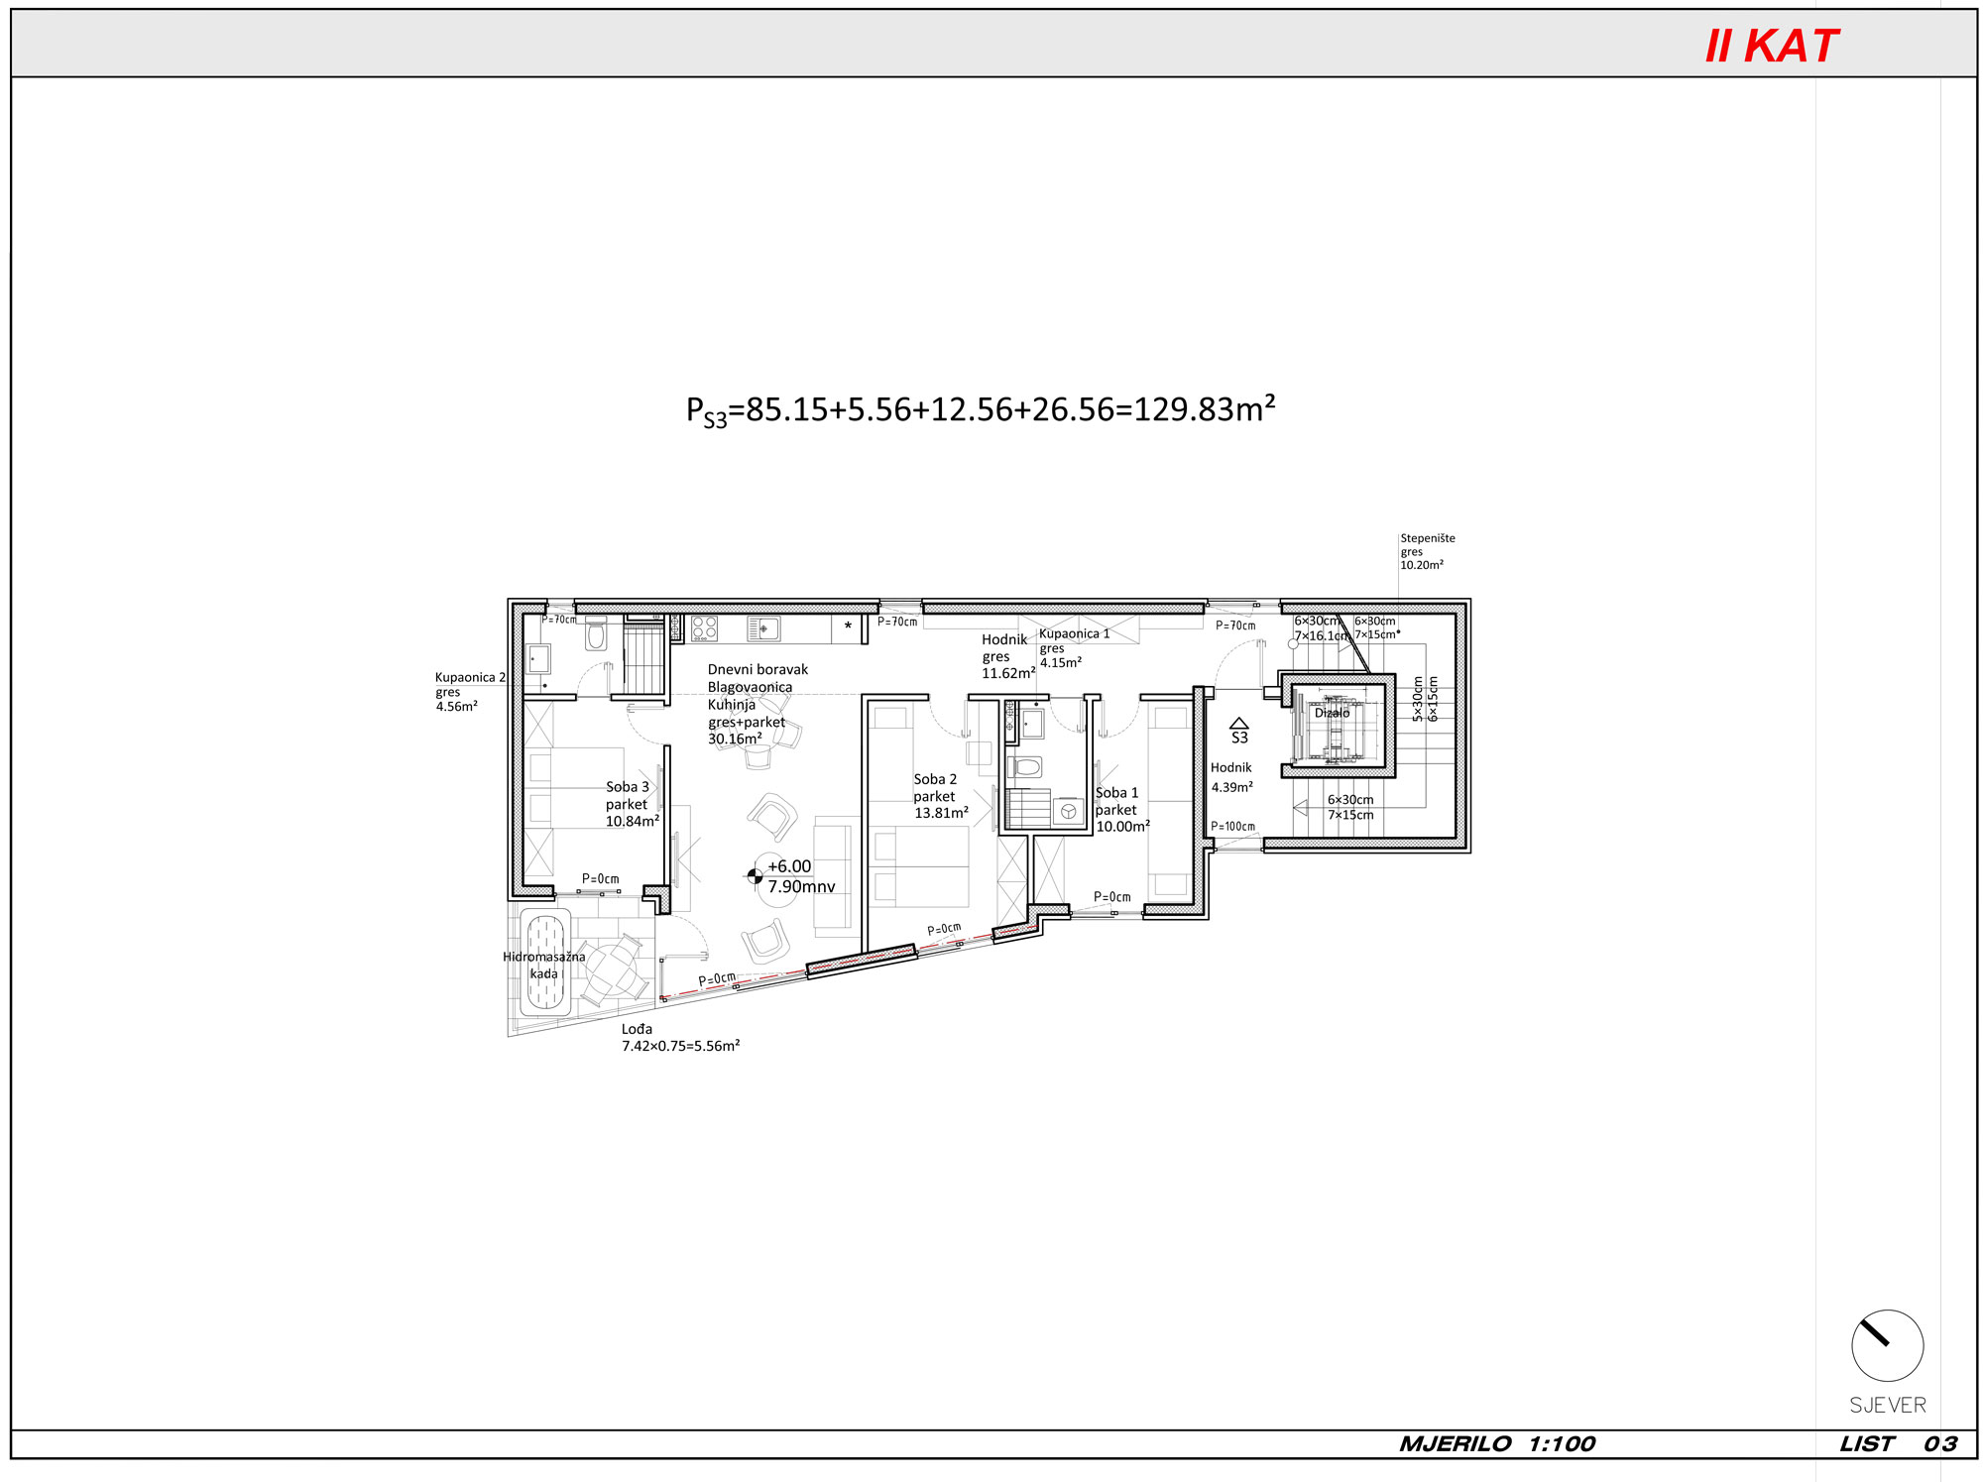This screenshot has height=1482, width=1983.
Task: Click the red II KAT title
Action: coord(1771,46)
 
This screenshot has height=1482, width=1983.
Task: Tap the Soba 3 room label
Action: coord(628,787)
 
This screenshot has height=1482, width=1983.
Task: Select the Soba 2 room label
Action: coord(935,779)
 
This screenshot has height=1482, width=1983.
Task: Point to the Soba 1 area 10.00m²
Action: coord(1122,826)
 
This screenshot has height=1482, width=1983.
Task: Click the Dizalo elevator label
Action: coord(1332,713)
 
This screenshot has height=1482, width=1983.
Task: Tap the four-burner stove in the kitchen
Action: coord(704,628)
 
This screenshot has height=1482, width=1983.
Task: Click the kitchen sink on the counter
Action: coord(762,628)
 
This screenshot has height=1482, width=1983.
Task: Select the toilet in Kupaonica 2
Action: coord(596,633)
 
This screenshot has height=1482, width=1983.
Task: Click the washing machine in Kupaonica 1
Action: coord(1068,812)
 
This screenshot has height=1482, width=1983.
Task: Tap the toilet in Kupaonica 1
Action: coord(1025,766)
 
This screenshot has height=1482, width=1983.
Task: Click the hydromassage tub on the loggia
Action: coord(544,962)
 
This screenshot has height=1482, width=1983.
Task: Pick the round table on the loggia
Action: coord(614,970)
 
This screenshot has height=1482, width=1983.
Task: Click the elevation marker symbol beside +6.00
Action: coord(755,875)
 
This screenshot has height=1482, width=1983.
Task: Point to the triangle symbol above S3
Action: coord(1238,724)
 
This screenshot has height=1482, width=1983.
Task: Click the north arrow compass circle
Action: coord(1887,1345)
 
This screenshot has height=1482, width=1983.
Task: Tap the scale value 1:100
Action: coord(1562,1444)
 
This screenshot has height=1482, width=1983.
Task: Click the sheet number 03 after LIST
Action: coord(1939,1444)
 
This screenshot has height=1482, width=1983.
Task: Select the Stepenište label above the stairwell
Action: coord(1428,538)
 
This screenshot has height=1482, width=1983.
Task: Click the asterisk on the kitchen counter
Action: coord(848,627)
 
